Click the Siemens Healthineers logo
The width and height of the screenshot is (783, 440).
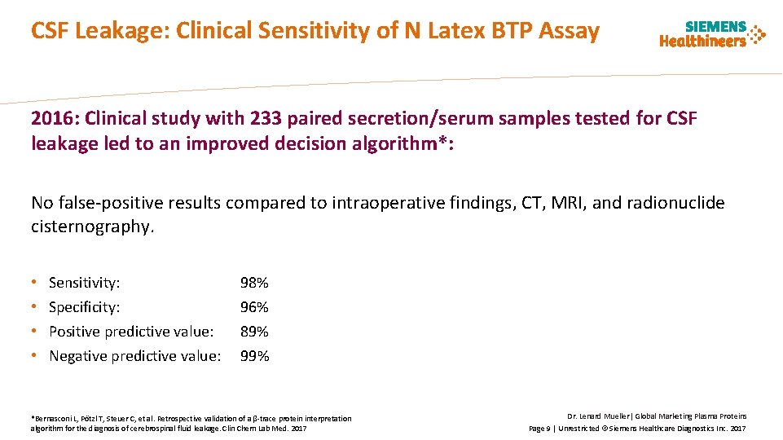712,34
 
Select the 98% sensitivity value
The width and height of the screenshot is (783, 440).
254,283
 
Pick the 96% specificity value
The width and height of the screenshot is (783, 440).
254,307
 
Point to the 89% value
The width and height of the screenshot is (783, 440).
254,332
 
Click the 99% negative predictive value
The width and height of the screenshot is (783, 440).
254,356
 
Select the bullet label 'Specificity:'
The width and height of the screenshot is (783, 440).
85,307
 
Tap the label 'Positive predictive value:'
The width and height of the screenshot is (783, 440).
131,332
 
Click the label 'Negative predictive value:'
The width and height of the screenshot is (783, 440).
135,356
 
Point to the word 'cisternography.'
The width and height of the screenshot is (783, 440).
92,227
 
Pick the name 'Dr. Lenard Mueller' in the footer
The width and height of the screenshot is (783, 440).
599,416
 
